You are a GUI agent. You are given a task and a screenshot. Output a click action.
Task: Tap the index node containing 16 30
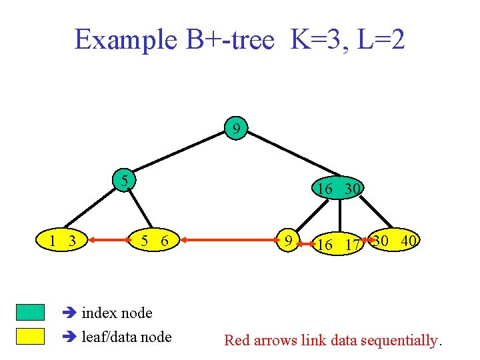coord(339,189)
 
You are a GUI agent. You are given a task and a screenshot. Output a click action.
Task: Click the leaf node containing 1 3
coord(62,241)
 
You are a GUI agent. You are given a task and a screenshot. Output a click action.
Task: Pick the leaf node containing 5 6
coord(154,241)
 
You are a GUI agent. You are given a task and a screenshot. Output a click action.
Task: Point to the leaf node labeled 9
coord(288,240)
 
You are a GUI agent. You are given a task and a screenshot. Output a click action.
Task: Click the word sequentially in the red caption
coord(399,341)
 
